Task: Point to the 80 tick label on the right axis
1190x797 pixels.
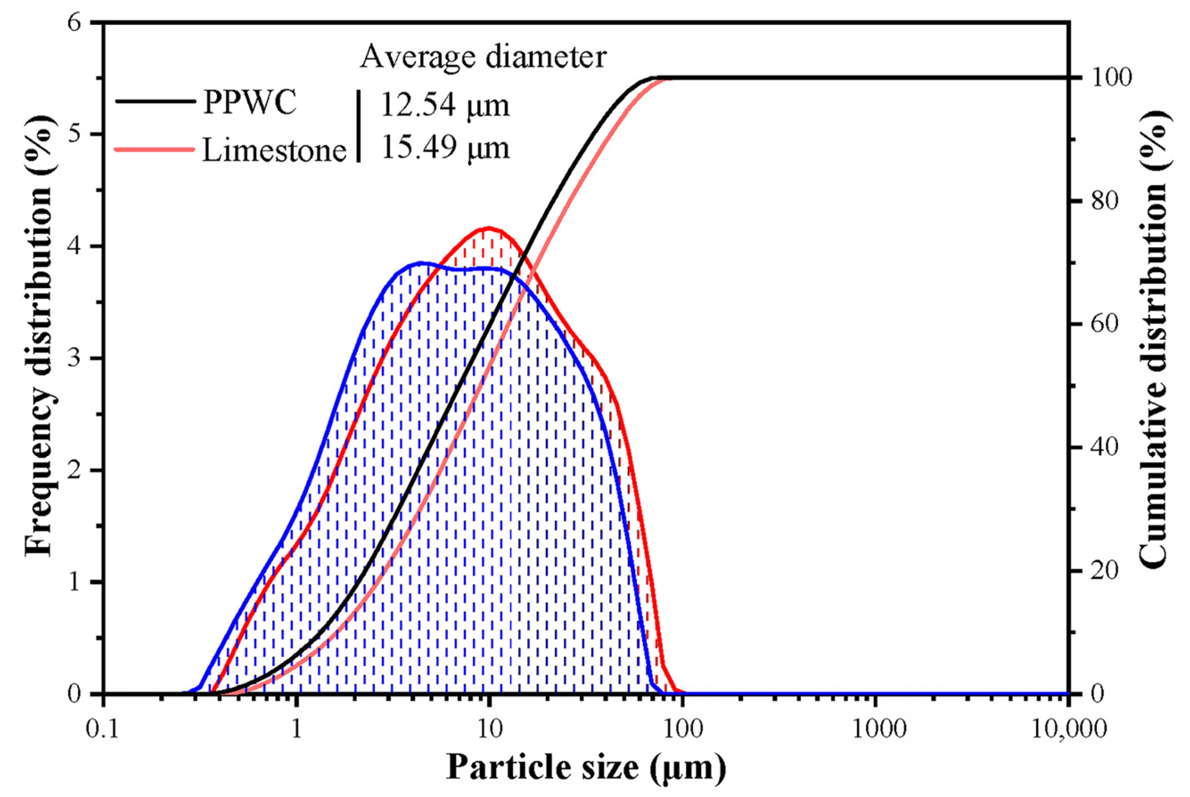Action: point(1104,201)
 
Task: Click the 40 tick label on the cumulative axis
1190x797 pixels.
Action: point(1104,447)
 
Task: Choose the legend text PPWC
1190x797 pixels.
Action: point(249,103)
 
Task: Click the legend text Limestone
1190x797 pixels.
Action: point(274,150)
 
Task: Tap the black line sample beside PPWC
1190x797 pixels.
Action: point(155,102)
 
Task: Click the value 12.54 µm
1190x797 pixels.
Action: point(445,106)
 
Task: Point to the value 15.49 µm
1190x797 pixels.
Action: point(445,148)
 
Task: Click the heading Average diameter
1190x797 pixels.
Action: point(483,57)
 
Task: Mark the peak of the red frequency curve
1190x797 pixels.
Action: point(489,228)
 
